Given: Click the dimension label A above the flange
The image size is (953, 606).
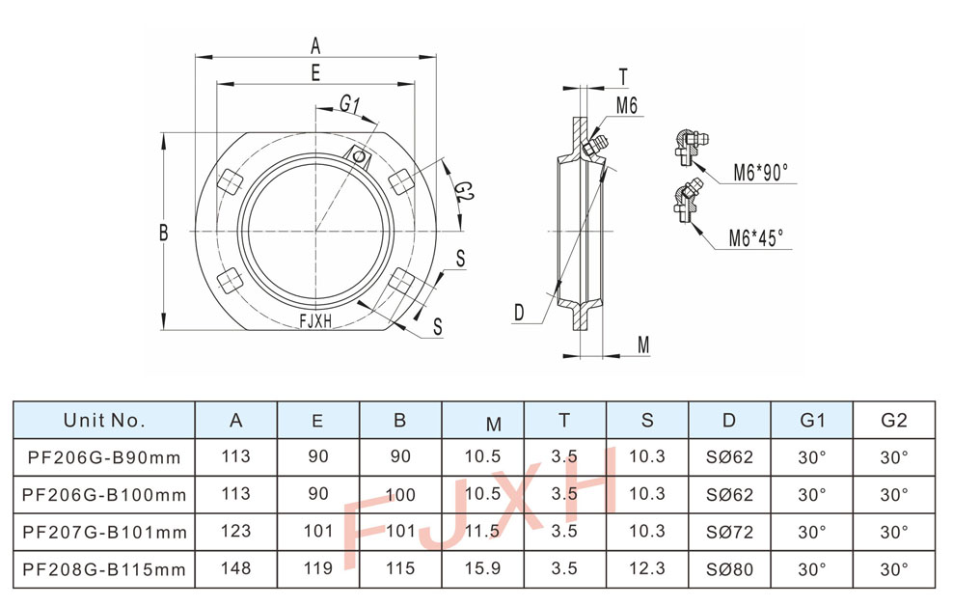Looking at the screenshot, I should pos(315,43).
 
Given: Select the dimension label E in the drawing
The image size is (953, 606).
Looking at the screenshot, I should pos(315,71).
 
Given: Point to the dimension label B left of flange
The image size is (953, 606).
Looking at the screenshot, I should pos(164,232).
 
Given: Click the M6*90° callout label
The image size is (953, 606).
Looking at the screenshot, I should pos(759,173).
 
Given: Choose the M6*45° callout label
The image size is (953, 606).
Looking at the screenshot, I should pos(756,236).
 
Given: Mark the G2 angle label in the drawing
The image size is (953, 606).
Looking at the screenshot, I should pos(464,190).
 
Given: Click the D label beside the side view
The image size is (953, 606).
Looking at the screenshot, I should pos(518,312).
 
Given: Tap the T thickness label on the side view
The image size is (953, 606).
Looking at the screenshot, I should pos(623,77).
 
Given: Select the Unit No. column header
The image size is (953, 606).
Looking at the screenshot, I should pos(104,420).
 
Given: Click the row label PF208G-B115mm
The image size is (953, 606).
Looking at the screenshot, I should pos(104,569).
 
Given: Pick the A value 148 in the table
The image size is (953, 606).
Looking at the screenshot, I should pos(236,569).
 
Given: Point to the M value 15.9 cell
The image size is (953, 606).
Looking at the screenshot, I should pos(482,569).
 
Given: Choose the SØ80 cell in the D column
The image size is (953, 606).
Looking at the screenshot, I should pos(729,569).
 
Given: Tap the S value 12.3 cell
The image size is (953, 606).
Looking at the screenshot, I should pos(647,569).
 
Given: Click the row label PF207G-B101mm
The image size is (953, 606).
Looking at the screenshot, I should pos(104,532).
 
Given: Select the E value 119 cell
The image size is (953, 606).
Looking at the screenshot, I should pos(318,569).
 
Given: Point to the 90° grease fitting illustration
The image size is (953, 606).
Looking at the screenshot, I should pos(690,142).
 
